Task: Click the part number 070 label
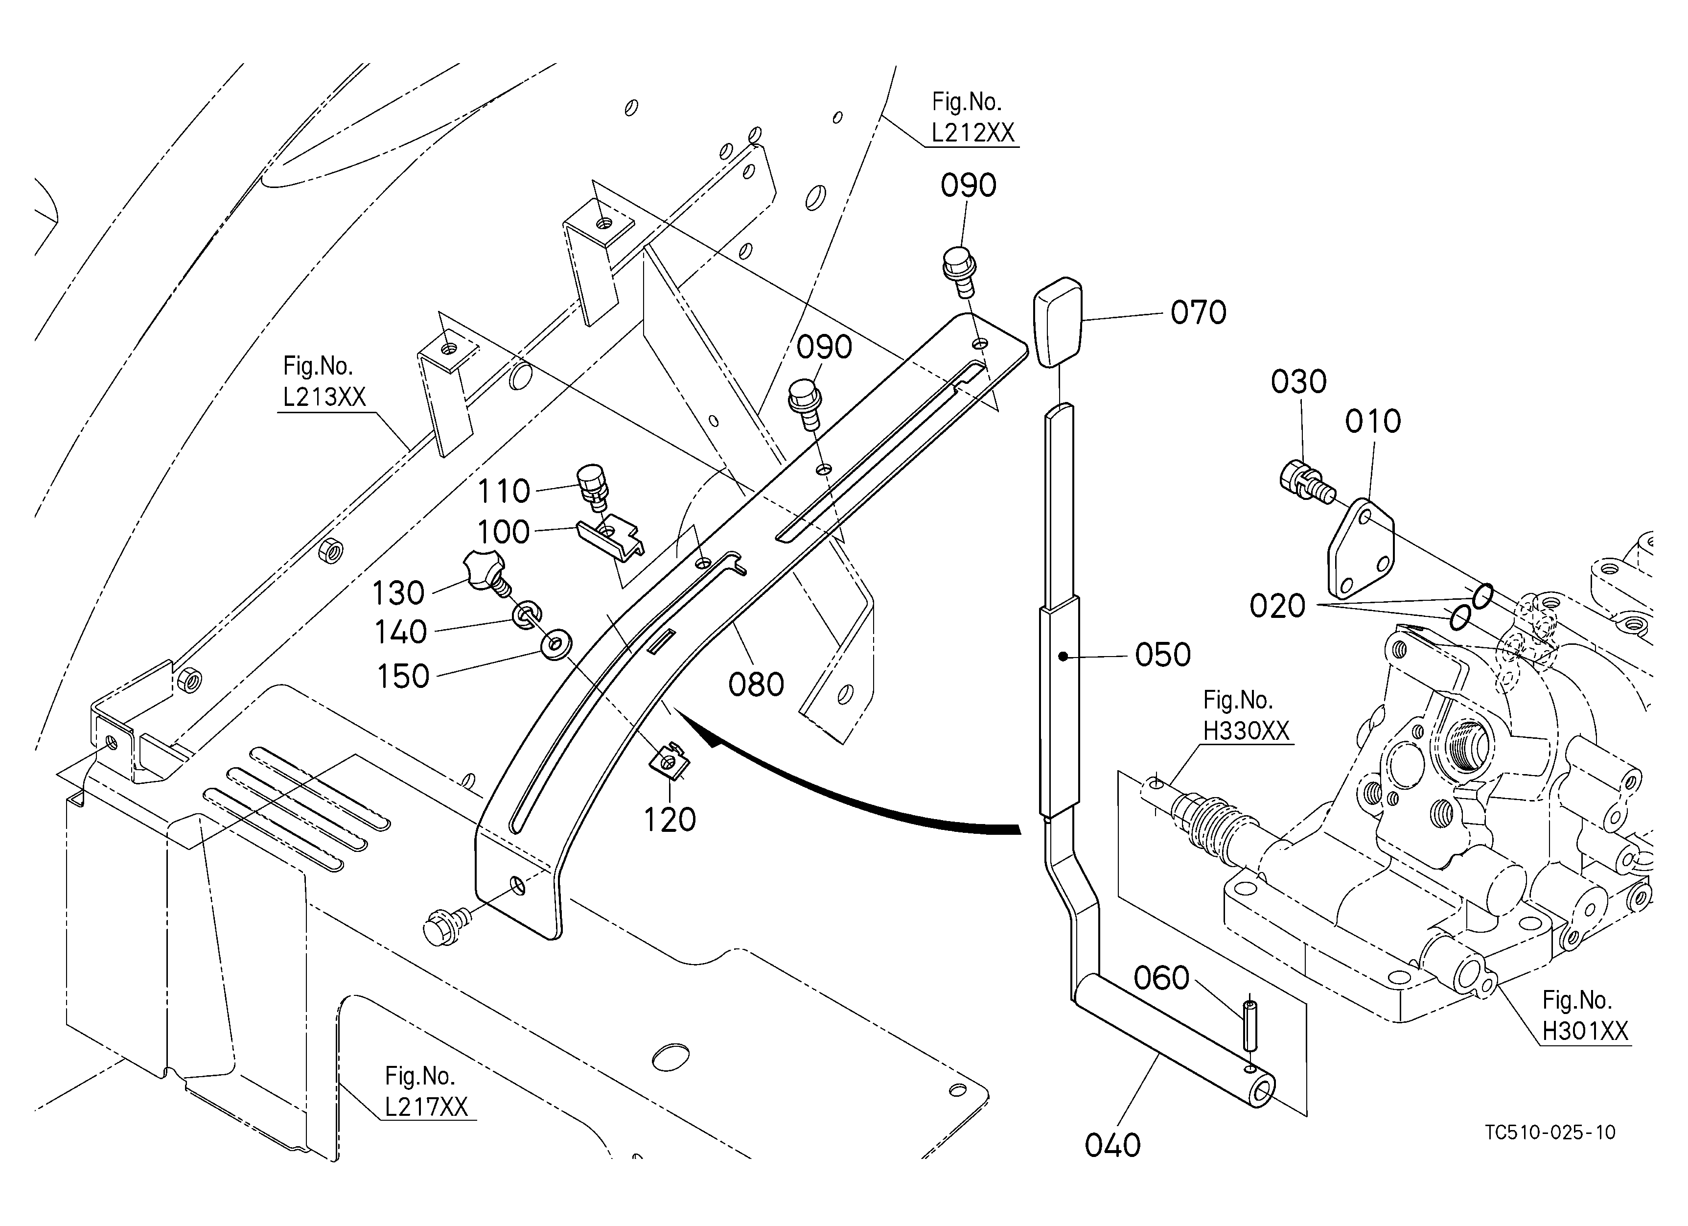pyautogui.click(x=1198, y=313)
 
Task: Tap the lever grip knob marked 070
pyautogui.click(x=1056, y=322)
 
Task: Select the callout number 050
pyautogui.click(x=1162, y=655)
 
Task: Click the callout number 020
pyautogui.click(x=1277, y=606)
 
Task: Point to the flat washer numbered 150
pyautogui.click(x=555, y=645)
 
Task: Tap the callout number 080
pyautogui.click(x=756, y=684)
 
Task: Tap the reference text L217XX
pyautogui.click(x=426, y=1108)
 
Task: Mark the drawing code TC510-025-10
pyautogui.click(x=1549, y=1132)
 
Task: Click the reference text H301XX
pyautogui.click(x=1585, y=1031)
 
